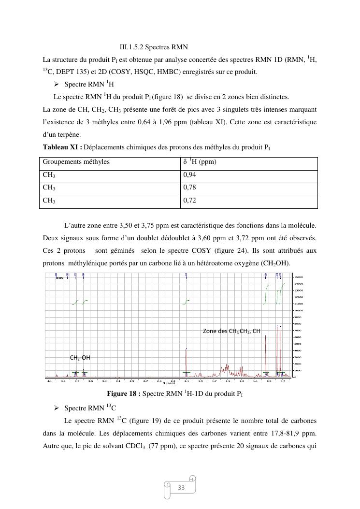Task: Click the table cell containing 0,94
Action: [x=249, y=175]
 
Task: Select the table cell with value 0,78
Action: [x=249, y=188]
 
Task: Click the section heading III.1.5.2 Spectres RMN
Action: [x=153, y=47]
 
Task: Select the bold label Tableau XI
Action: [x=62, y=147]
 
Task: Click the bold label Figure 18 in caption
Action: [x=124, y=394]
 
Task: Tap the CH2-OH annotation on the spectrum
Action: [x=80, y=358]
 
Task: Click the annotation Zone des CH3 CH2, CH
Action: [x=231, y=331]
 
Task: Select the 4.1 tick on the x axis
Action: [x=49, y=381]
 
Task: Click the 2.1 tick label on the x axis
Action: [x=187, y=381]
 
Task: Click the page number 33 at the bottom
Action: [x=181, y=488]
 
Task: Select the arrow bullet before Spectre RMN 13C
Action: [x=57, y=408]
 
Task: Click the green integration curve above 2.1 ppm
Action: [x=187, y=302]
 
